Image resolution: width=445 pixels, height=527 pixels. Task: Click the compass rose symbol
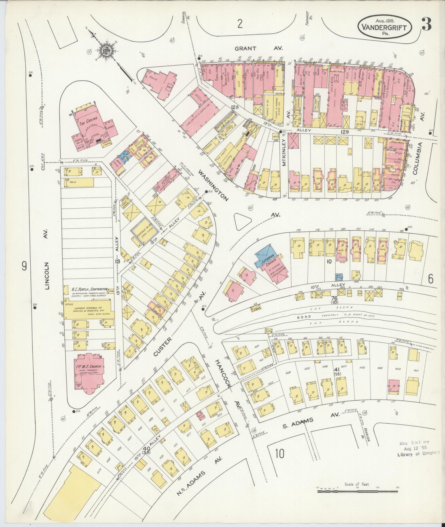coord(105,50)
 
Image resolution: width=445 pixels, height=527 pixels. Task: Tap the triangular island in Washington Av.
coord(242,221)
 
